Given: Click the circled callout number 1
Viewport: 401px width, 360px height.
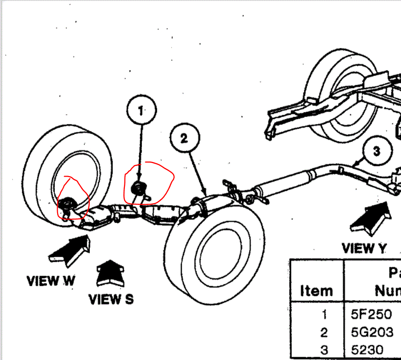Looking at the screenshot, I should click(x=141, y=110).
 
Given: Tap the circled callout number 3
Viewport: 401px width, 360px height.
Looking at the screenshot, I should click(x=377, y=151).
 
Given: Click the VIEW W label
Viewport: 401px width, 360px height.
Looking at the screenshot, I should click(x=51, y=281).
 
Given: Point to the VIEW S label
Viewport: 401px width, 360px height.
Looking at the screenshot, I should click(x=111, y=299).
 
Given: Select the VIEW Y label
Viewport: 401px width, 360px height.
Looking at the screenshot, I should click(x=364, y=248).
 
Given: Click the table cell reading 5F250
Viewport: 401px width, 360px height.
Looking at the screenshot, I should click(x=371, y=314).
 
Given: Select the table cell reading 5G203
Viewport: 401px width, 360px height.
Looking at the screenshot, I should click(x=372, y=332).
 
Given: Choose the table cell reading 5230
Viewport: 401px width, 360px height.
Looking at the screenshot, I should click(x=367, y=350).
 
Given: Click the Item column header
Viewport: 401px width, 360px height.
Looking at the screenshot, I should click(x=316, y=290).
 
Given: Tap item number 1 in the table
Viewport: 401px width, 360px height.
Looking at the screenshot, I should click(x=324, y=314).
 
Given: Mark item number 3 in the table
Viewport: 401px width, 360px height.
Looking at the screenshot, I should click(x=324, y=350).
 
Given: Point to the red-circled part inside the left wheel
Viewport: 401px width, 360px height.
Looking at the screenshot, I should click(x=68, y=203).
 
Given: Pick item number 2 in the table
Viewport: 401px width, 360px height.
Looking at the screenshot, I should click(x=324, y=332).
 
